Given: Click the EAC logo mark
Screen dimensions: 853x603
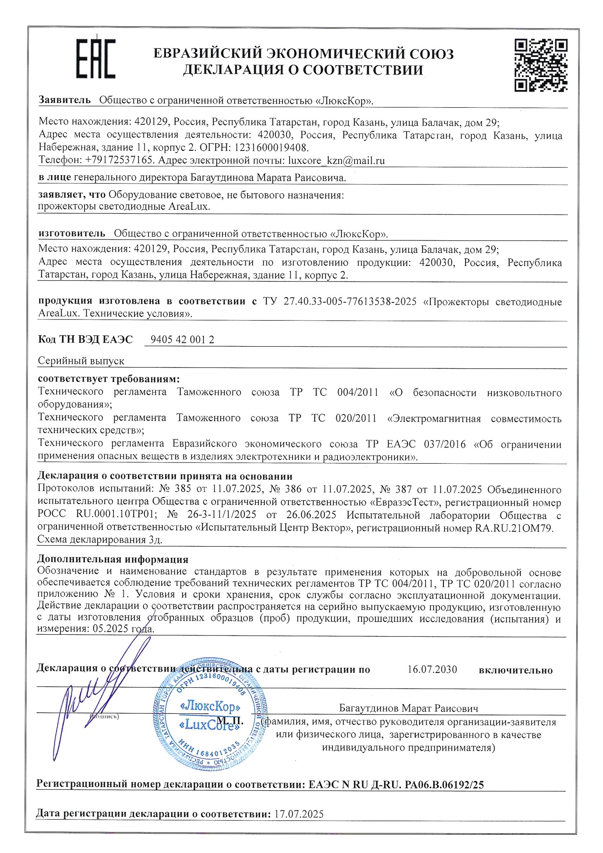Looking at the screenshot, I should [x=95, y=59].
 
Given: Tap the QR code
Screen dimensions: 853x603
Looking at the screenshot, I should [x=541, y=65].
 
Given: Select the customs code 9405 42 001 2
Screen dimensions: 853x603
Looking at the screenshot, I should [x=182, y=340].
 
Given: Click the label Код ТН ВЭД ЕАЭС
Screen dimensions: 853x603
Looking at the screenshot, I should [x=85, y=340].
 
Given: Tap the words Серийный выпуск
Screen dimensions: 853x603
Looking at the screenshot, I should [x=81, y=361].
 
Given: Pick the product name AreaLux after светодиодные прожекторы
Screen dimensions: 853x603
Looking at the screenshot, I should [x=189, y=207].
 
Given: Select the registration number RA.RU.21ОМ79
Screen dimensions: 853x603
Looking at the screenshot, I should [x=514, y=528].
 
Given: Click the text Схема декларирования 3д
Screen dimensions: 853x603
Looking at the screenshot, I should [x=100, y=540].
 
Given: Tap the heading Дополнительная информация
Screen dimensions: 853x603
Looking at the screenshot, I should [x=113, y=559].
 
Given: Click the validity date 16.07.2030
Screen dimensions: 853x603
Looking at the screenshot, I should [x=432, y=670].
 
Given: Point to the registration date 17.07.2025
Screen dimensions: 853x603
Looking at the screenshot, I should [x=298, y=814].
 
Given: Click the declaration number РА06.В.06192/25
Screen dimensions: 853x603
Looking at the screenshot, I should [x=444, y=785].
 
